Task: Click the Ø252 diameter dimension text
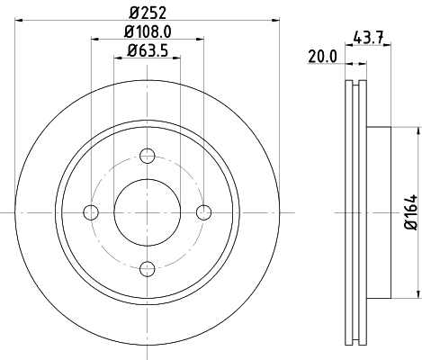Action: click(x=147, y=13)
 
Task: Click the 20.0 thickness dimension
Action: click(x=321, y=55)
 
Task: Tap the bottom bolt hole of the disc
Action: click(x=147, y=267)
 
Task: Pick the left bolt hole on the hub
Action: click(x=91, y=212)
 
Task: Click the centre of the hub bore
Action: click(x=147, y=212)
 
